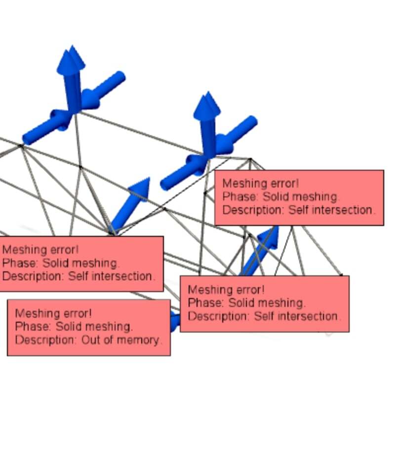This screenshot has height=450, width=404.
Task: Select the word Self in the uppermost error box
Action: coord(298,210)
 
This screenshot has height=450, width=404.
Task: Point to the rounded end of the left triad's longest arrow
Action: coord(119,76)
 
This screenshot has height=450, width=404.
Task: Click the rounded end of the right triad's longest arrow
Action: coord(251,121)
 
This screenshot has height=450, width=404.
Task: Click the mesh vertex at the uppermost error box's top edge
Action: coord(250,159)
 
